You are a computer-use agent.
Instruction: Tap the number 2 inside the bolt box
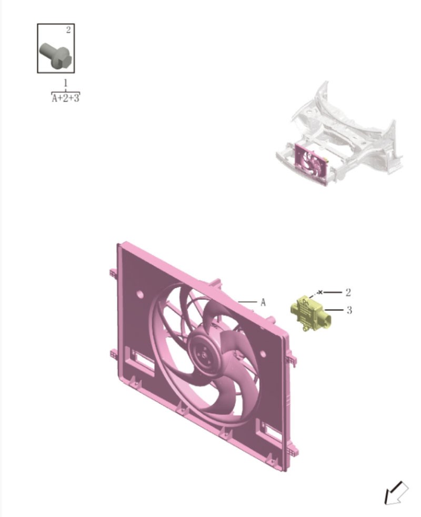coord(68,30)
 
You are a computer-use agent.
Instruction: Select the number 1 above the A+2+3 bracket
coord(65,83)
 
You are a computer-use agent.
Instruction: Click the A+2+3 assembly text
coord(65,98)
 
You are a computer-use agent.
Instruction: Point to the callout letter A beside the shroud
coord(263,302)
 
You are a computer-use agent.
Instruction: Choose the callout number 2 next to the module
coord(348,292)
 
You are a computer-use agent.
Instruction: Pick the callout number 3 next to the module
coord(349,310)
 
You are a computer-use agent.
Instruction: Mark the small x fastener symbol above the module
coord(320,291)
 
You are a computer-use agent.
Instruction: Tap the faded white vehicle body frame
coord(358,131)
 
